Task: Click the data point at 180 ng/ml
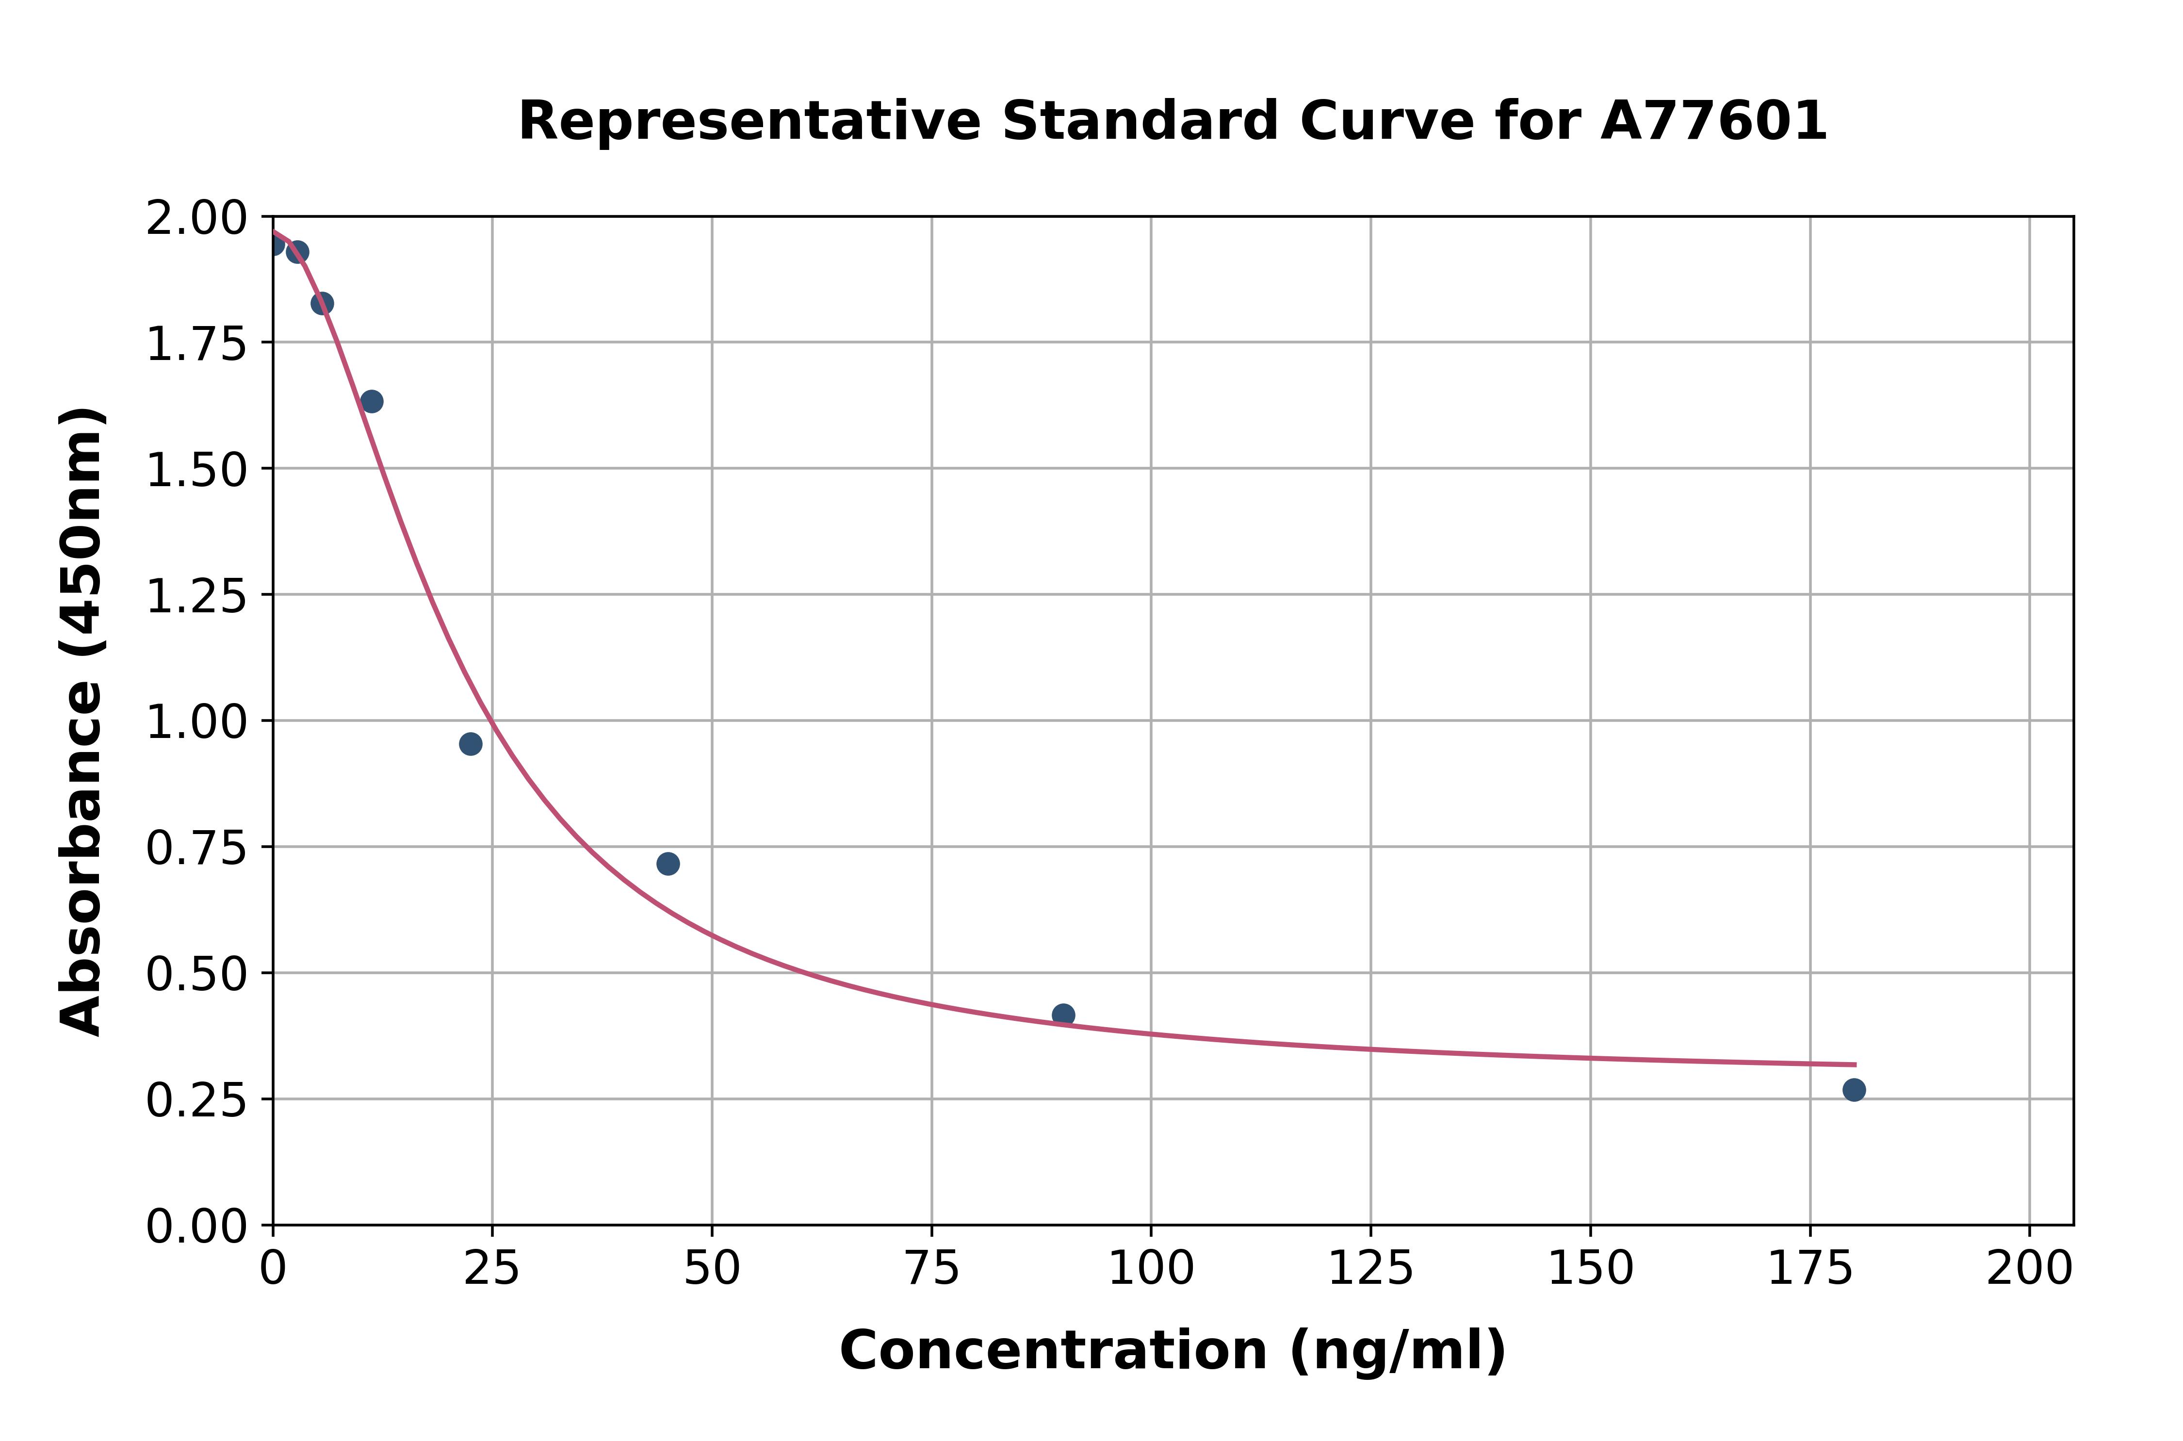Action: (1854, 1090)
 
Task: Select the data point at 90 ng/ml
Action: (1063, 1015)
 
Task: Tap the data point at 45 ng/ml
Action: (668, 864)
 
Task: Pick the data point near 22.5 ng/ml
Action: (471, 743)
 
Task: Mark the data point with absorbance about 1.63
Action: (371, 402)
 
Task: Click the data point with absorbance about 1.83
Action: (322, 303)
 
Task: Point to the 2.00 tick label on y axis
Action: (196, 219)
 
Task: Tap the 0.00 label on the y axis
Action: (196, 1226)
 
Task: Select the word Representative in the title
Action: (749, 121)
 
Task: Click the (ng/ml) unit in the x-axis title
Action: (1398, 1351)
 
